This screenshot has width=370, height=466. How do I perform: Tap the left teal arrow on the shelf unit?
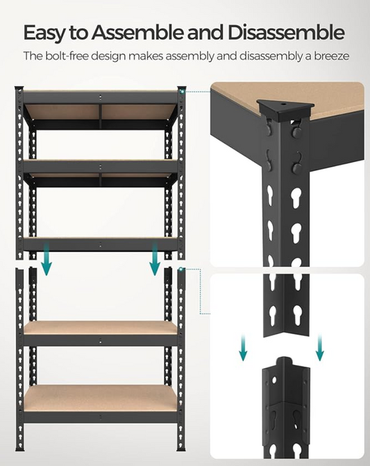pos(46,260)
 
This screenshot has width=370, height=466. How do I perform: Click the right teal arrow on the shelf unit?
pos(155,260)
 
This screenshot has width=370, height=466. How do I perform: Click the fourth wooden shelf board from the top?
pos(99,327)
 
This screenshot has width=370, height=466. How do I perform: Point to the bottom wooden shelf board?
pos(99,398)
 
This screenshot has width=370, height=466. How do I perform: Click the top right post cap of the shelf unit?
pos(181,89)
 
